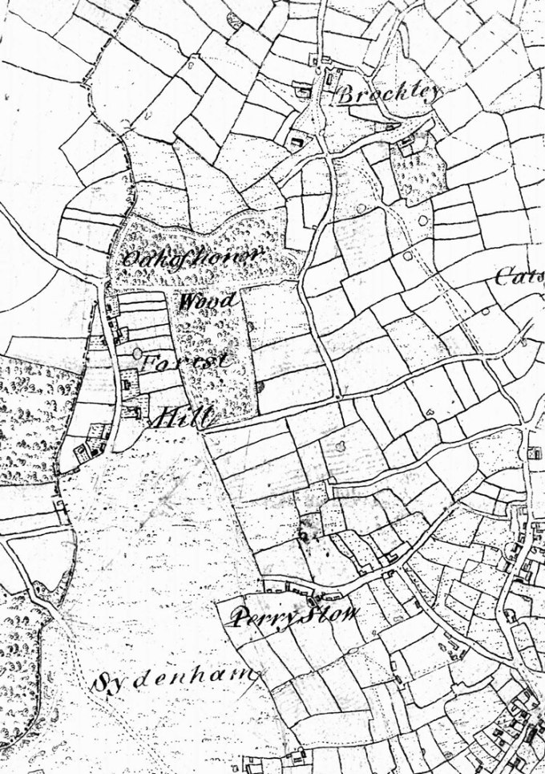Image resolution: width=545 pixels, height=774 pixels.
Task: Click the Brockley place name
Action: click(x=388, y=94)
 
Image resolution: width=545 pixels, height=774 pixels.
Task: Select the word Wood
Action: click(x=208, y=303)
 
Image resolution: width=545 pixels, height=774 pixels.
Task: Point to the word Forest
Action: click(x=186, y=362)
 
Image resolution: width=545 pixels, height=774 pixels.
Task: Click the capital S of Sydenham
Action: click(x=103, y=683)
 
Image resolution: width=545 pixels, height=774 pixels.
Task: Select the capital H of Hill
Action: click(x=165, y=416)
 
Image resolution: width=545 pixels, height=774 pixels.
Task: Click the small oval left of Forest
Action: click(x=138, y=352)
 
